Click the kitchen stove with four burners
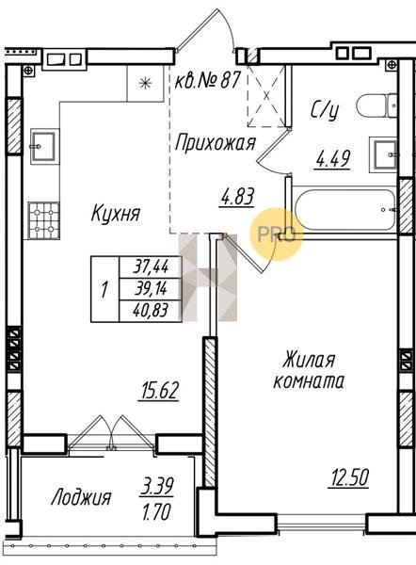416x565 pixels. coord(44,220)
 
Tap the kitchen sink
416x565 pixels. coord(44,146)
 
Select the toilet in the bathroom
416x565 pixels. coord(376,105)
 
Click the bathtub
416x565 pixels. coord(344,209)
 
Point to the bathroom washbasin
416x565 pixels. coord(384,154)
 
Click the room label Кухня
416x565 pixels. coord(115,214)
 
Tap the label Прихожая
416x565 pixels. coord(215,143)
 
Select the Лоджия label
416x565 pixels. coord(81,498)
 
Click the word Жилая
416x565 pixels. coord(309,361)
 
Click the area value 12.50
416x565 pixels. coord(348,478)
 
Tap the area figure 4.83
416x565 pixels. coord(238,198)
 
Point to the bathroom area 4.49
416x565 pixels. coord(333,159)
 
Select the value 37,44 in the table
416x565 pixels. coord(152,267)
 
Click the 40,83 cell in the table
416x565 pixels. coord(152,310)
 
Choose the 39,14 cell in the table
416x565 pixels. coord(152,289)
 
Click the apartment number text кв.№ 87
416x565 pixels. coord(207,80)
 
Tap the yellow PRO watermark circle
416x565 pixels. coord(277,234)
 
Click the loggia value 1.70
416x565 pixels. coord(156,512)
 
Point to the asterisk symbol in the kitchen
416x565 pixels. coord(145,84)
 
